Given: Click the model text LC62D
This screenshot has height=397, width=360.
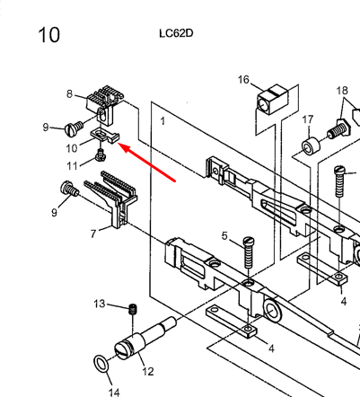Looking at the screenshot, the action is (x=176, y=33).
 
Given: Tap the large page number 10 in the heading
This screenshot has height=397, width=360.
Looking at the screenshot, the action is (x=49, y=35).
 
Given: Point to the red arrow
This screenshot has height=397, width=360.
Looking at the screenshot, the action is (x=146, y=163).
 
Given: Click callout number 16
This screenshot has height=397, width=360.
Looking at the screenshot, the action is (x=243, y=80).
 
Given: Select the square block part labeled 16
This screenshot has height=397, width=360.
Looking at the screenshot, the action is (x=272, y=99).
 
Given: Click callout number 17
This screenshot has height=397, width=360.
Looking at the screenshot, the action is (x=308, y=119).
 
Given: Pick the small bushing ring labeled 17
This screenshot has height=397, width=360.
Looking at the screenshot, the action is (x=311, y=146).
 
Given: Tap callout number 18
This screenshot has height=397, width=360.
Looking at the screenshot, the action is (x=342, y=91).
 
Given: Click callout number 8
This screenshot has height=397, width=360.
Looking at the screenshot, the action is (x=69, y=94).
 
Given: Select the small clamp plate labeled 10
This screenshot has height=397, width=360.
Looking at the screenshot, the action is (x=104, y=137).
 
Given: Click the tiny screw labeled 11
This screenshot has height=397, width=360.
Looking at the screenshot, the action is (x=101, y=155).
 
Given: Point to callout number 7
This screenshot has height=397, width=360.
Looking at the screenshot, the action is (x=93, y=234).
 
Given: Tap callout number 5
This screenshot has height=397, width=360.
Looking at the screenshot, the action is (x=224, y=236).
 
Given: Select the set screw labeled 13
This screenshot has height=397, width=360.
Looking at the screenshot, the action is (x=133, y=309).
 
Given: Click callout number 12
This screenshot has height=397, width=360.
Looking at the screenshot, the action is (x=148, y=372).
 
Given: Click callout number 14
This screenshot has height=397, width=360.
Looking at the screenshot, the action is (x=114, y=392).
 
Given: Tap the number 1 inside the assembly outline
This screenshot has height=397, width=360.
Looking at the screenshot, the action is (x=162, y=121).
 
